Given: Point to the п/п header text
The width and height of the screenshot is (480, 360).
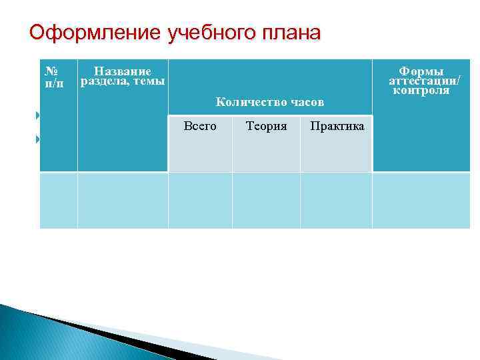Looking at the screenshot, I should (53, 83).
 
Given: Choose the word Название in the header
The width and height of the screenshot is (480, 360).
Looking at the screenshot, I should (123, 71).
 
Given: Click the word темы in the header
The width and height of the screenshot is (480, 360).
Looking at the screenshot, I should (149, 81).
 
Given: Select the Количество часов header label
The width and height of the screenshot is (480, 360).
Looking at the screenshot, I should (270, 102).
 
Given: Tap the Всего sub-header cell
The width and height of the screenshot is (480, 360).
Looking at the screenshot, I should (199, 125).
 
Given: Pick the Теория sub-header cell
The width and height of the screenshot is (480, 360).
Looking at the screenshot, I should (266, 125).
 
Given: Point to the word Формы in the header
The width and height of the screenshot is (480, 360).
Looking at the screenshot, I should (421, 71).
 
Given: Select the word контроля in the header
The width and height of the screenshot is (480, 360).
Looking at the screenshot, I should (421, 90).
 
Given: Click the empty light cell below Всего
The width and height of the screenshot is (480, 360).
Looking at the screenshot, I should (200, 200).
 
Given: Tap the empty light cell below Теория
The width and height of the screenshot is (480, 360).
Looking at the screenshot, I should (266, 200).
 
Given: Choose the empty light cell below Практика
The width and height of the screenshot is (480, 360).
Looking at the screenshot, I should (336, 200).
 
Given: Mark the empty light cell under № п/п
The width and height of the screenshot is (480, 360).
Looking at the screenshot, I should (59, 200).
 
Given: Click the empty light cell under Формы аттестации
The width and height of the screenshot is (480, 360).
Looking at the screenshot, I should (421, 200).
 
